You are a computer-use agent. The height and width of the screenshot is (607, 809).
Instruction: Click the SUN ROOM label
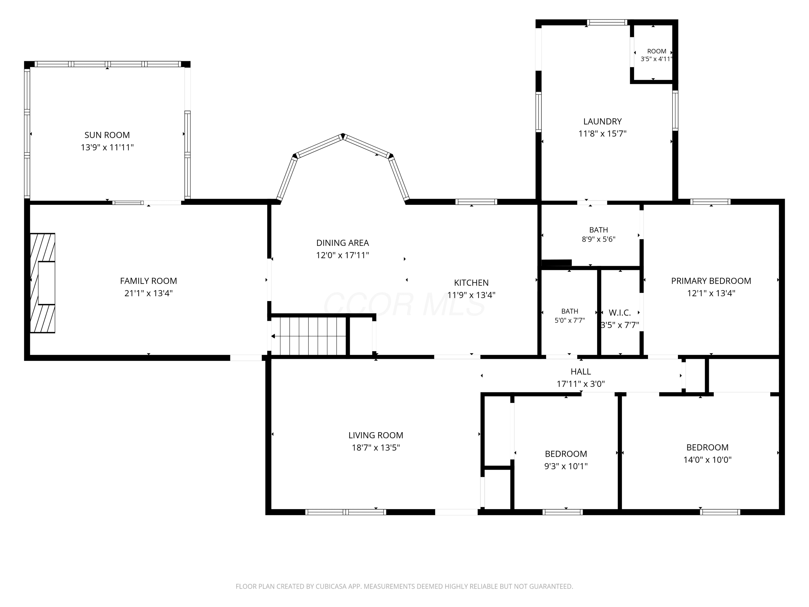point(107,135)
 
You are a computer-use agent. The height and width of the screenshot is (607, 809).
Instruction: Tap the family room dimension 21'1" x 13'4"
point(149,293)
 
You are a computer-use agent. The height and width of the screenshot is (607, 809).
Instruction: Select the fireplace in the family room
point(42,283)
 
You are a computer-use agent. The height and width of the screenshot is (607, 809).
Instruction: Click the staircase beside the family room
point(309,336)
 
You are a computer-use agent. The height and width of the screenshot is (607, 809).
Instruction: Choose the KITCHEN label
point(471,282)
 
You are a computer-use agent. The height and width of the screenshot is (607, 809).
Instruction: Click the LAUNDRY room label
point(602,121)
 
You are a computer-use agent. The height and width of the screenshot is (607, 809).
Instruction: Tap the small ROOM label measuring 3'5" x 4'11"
point(657,51)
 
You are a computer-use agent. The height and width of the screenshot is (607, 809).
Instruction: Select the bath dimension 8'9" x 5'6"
point(599,239)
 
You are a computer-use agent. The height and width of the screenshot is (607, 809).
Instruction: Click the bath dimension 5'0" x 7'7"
point(570,320)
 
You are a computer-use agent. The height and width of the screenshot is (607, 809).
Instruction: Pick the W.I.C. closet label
point(620,313)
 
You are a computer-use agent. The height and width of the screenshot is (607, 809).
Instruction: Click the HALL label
point(581,371)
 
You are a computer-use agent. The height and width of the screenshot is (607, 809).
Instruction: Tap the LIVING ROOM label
point(376,435)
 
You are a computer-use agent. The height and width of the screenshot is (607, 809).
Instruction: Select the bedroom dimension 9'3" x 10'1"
point(566,466)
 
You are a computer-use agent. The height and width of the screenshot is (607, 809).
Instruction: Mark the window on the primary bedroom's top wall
point(710,202)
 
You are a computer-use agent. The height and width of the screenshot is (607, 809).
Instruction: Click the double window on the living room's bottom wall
point(346,512)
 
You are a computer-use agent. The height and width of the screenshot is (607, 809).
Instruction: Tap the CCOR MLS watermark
point(404,304)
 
